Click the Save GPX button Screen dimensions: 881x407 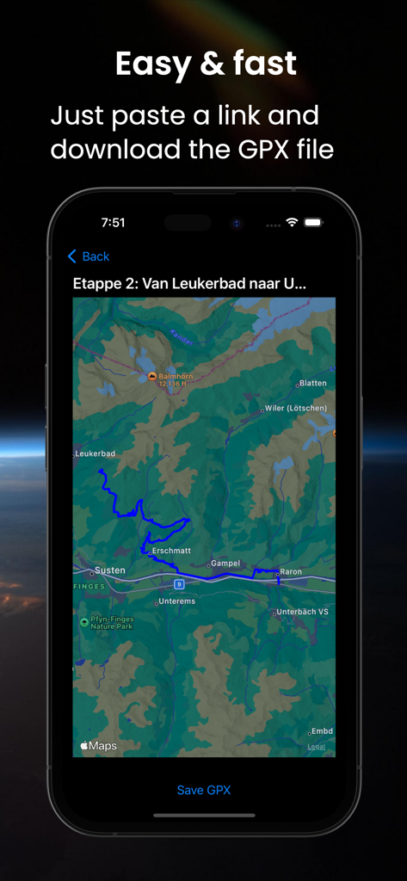click(204, 790)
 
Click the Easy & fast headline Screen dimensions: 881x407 click(206, 64)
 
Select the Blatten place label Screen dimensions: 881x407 click(311, 384)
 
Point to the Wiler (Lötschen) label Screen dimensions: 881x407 click(295, 409)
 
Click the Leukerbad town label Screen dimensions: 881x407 click(96, 453)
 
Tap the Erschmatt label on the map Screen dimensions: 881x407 click(170, 551)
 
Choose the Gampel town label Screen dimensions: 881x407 click(225, 564)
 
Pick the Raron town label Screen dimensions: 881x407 click(290, 571)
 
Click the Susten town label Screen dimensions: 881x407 click(108, 570)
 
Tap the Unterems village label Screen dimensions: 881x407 click(176, 601)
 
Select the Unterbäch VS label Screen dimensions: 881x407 click(301, 613)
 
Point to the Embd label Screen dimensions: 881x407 click(321, 731)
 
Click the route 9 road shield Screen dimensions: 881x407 click(179, 583)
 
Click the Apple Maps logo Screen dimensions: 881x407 click(99, 746)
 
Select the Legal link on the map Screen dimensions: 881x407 click(316, 746)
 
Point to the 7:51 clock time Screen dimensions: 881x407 click(113, 223)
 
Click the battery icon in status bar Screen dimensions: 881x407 click(313, 223)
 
